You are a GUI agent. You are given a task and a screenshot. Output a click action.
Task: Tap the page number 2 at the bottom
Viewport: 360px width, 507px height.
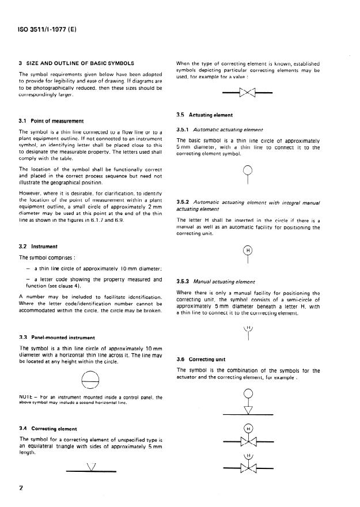(x=21, y=489)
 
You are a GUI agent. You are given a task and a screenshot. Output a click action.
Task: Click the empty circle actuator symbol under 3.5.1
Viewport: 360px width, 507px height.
(x=248, y=173)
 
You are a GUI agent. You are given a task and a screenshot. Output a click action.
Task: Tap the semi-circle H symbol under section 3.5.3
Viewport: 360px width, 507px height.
(x=249, y=333)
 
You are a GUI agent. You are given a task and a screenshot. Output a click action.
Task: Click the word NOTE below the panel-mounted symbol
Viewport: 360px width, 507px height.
(x=26, y=397)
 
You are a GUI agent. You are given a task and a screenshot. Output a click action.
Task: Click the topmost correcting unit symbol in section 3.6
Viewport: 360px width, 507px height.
(x=248, y=401)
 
